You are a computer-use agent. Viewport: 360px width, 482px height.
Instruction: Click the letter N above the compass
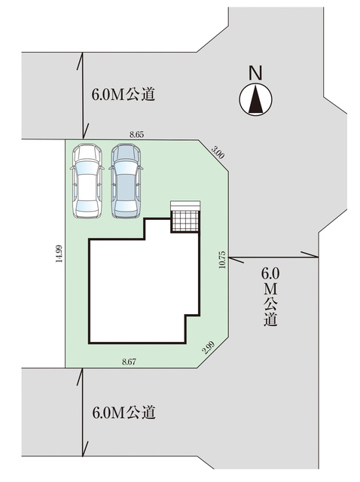pos(255,73)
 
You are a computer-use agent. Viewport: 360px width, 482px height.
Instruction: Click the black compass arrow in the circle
pos(256,99)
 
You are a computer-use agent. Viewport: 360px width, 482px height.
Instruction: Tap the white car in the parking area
pos(87,181)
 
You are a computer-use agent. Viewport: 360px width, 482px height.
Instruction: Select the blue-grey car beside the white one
pos(127,181)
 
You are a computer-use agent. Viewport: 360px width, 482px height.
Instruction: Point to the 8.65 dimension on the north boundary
pos(136,135)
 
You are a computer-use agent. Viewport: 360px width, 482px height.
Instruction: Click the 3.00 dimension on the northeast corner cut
pos(218,152)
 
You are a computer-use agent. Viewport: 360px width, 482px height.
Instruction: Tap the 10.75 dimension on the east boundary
pos(223,260)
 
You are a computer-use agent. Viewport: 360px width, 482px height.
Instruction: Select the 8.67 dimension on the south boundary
pos(129,361)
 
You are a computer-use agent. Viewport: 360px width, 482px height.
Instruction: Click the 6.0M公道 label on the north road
pos(124,94)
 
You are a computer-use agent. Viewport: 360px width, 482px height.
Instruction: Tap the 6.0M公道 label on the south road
pos(124,413)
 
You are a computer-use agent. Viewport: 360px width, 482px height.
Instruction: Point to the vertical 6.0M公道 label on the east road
pos(270,296)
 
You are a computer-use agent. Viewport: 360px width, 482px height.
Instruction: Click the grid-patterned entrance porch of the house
pos(185,221)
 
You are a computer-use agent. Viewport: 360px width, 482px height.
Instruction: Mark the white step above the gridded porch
pos(186,206)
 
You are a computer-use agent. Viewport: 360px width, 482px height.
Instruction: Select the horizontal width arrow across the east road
pos(273,256)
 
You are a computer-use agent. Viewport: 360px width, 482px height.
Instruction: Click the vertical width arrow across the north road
pos(82,96)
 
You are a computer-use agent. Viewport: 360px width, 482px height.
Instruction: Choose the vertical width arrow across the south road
pos(82,412)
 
